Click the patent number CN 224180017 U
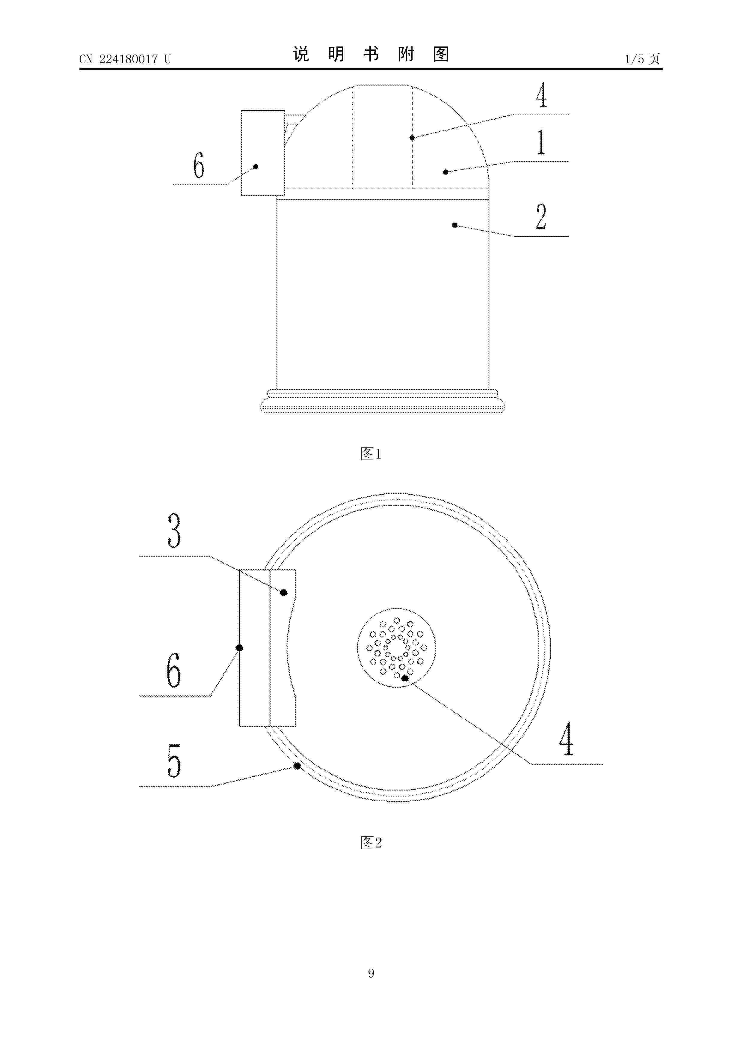tap(125, 59)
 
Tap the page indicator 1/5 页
tap(643, 59)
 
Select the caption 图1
tap(371, 454)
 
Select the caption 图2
tap(371, 842)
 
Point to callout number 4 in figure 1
tap(542, 95)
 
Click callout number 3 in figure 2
tap(174, 530)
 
